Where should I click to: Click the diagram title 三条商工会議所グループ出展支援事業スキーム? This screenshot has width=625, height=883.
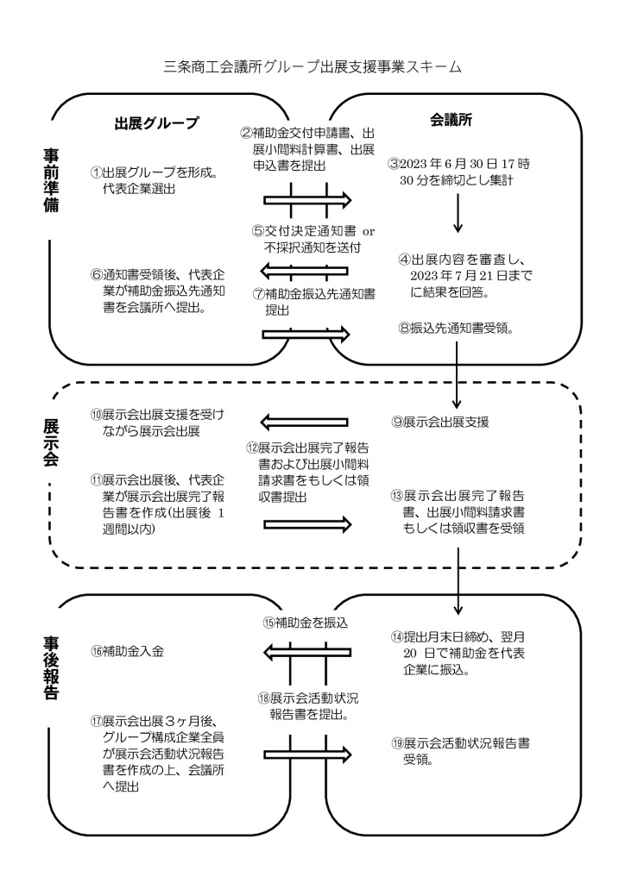coord(312,67)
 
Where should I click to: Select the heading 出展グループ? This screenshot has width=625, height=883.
coord(156,123)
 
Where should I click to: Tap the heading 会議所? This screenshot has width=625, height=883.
coord(451,119)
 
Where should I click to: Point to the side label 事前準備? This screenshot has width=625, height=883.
coord(51,181)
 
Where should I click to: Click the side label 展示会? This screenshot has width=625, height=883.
coord(51,442)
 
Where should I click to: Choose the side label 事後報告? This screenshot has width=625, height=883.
coord(51,668)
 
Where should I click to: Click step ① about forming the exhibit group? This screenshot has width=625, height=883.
coord(155,180)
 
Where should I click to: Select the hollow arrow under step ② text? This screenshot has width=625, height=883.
coord(307,200)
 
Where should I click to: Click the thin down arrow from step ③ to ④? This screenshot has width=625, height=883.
coord(458,213)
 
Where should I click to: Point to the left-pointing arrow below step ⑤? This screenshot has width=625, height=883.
coord(305,271)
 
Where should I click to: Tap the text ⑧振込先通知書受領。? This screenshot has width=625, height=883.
coord(456,329)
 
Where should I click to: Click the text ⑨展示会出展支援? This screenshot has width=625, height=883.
coord(440,422)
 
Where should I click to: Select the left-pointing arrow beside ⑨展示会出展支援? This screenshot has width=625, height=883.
coord(305,423)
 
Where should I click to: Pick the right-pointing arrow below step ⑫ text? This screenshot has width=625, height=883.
coord(307,525)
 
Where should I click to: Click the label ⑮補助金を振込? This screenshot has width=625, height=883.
coord(305,623)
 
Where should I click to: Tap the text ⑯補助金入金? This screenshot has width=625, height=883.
coord(127,652)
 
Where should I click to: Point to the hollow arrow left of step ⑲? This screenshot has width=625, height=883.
coord(307,754)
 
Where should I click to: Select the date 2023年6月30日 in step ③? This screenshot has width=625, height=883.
coord(449,165)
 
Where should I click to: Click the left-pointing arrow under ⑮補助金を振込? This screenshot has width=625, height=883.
coord(307,653)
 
